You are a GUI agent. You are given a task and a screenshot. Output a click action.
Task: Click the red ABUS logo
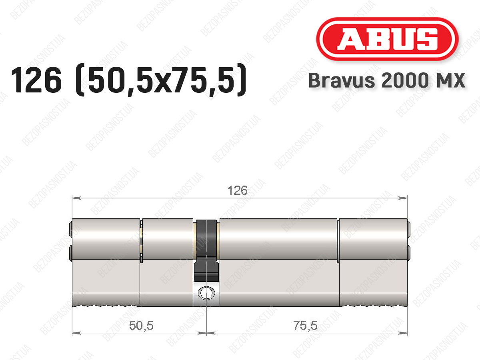tap(387, 39)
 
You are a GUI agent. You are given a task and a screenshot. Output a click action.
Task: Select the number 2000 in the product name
tap(404, 80)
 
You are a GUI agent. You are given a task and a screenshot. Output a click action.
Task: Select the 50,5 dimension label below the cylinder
tap(141, 325)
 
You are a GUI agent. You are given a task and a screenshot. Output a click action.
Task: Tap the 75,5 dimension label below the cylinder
tap(305, 325)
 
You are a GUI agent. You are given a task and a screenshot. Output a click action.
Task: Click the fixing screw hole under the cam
tap(206, 293)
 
